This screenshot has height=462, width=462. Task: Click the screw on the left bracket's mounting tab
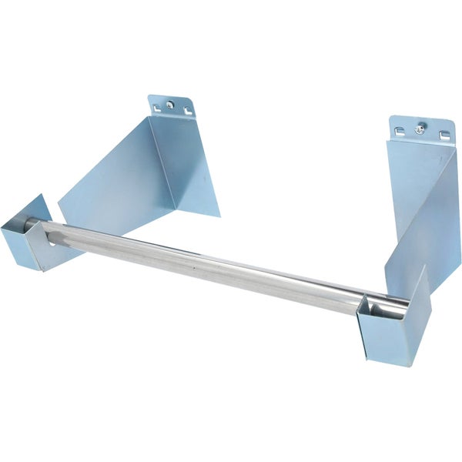click(171, 104)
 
